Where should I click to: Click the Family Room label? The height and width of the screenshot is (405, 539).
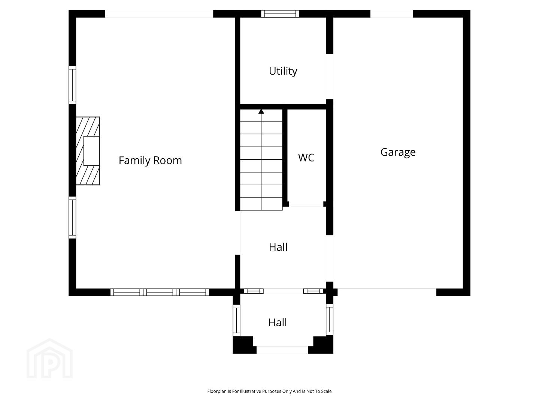tap(150, 160)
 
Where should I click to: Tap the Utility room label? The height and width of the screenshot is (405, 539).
tap(283, 71)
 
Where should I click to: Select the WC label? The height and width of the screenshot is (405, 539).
tap(306, 157)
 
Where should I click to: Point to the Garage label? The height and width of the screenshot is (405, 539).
tap(398, 152)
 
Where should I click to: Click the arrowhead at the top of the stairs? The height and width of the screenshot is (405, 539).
tap(261, 112)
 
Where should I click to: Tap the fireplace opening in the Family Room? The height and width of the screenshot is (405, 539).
tap(91, 151)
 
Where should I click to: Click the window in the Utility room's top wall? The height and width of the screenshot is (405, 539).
tap(280, 14)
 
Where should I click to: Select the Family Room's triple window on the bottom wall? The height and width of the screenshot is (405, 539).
tap(160, 292)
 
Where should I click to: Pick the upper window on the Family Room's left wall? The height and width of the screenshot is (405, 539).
tap(72, 85)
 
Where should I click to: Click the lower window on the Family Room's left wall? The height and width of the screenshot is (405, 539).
tap(72, 217)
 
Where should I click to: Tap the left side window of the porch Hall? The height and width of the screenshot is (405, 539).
tap(236, 320)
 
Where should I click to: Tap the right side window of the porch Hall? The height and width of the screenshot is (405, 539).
tap(330, 319)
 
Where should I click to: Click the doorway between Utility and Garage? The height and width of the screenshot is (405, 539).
tap(330, 76)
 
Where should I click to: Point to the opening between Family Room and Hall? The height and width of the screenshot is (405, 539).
tap(237, 233)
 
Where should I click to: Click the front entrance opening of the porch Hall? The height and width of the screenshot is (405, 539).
tap(282, 350)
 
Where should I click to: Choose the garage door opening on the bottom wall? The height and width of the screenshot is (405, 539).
tap(387, 292)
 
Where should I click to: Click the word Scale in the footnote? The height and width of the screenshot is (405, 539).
tap(326, 391)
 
